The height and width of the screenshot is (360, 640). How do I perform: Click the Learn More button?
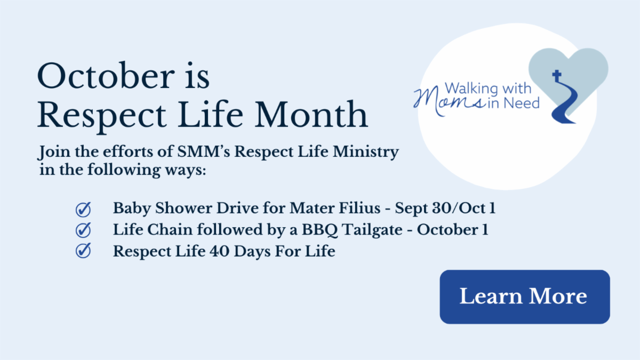525,297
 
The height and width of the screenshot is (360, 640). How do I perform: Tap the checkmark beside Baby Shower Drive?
83,210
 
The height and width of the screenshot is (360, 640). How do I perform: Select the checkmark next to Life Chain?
83,230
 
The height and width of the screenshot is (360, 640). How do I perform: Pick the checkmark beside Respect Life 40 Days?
83,251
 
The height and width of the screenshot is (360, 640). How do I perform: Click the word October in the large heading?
106,76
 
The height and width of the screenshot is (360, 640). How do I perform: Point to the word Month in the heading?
311,115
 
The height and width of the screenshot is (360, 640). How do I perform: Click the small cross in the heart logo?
557,76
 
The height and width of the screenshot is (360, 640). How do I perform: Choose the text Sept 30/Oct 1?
445,208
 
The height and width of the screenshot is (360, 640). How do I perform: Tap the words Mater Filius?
335,207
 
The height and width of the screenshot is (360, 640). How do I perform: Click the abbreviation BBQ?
319,230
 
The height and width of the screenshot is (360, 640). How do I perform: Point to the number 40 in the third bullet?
219,251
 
